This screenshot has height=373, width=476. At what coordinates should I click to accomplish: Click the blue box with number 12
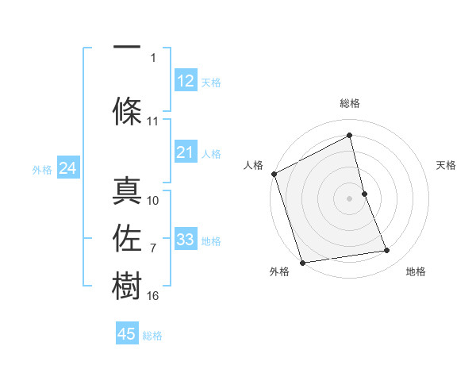186,81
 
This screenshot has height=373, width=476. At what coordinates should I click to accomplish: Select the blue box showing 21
186,152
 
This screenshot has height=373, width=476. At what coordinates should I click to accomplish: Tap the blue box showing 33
186,240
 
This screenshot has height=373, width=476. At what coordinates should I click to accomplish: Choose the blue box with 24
68,168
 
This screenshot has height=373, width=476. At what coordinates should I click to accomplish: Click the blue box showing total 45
127,334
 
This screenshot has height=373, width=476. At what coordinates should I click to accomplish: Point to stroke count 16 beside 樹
153,296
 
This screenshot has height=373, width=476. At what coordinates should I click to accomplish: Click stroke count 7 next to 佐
153,248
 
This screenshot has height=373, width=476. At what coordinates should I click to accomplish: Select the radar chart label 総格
350,103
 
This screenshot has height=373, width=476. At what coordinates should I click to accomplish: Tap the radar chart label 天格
447,165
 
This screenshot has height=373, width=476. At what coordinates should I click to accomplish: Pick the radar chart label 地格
416,271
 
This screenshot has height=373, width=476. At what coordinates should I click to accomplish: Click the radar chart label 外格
279,271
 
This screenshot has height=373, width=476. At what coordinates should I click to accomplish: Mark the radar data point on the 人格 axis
274,174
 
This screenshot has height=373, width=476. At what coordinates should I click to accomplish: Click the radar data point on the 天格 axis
364,193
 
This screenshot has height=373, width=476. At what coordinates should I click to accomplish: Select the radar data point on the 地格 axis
387,251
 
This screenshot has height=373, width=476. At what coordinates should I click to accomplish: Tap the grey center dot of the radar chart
350,198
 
